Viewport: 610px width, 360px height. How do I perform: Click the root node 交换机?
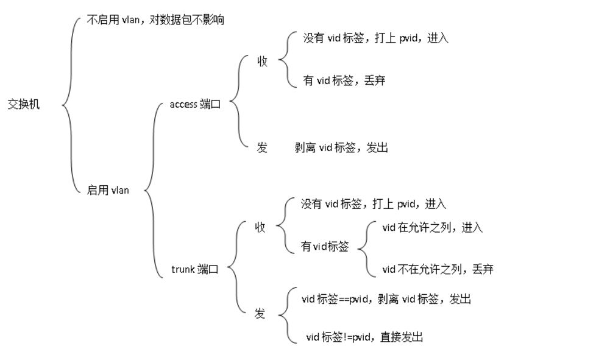click(23, 104)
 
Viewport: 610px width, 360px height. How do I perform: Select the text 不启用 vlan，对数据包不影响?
click(155, 20)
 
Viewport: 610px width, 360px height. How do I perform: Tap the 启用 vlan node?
click(108, 190)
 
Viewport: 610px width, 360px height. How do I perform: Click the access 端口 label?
click(194, 104)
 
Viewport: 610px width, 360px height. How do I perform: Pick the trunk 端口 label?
click(194, 269)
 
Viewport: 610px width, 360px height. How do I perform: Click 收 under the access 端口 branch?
click(262, 61)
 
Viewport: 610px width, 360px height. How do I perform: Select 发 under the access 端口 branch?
click(262, 147)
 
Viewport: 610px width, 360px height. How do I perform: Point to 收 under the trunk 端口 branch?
click(260, 227)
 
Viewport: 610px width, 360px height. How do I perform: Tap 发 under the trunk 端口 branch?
click(260, 314)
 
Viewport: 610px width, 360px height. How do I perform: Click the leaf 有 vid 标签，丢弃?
click(344, 80)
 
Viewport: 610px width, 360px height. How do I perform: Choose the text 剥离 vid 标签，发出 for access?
click(341, 147)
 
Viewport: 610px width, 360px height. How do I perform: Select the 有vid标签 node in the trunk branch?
click(325, 247)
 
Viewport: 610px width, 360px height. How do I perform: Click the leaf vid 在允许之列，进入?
click(432, 228)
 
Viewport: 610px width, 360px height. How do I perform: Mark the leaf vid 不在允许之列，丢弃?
click(438, 269)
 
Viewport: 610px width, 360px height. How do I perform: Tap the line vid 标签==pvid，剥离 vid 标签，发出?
click(386, 299)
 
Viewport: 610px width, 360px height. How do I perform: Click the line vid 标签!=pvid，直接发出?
click(364, 337)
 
